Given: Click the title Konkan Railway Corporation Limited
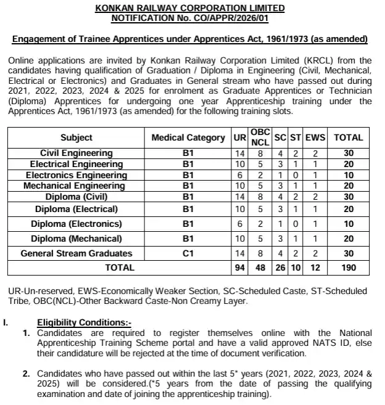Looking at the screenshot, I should pyautogui.click(x=190, y=8).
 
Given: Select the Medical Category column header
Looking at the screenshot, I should pyautogui.click(x=188, y=137).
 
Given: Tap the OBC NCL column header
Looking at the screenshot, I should pyautogui.click(x=259, y=137).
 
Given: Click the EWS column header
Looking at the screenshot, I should pyautogui.click(x=316, y=137).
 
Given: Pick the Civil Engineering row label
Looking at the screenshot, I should pyautogui.click(x=77, y=153).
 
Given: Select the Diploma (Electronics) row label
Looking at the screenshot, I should pyautogui.click(x=77, y=224).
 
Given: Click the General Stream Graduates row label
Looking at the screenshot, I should pyautogui.click(x=77, y=253).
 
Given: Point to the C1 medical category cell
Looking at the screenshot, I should pyautogui.click(x=188, y=253).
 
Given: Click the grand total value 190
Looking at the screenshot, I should pyautogui.click(x=349, y=268).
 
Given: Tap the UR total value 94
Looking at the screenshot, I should pyautogui.click(x=240, y=268).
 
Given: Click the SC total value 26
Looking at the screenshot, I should pyautogui.click(x=280, y=268).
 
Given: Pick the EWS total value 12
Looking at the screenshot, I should pyautogui.click(x=316, y=268).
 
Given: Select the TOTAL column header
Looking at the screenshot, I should pyautogui.click(x=349, y=137).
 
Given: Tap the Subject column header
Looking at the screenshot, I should pyautogui.click(x=77, y=137).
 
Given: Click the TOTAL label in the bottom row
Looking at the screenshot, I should pyautogui.click(x=120, y=268).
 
